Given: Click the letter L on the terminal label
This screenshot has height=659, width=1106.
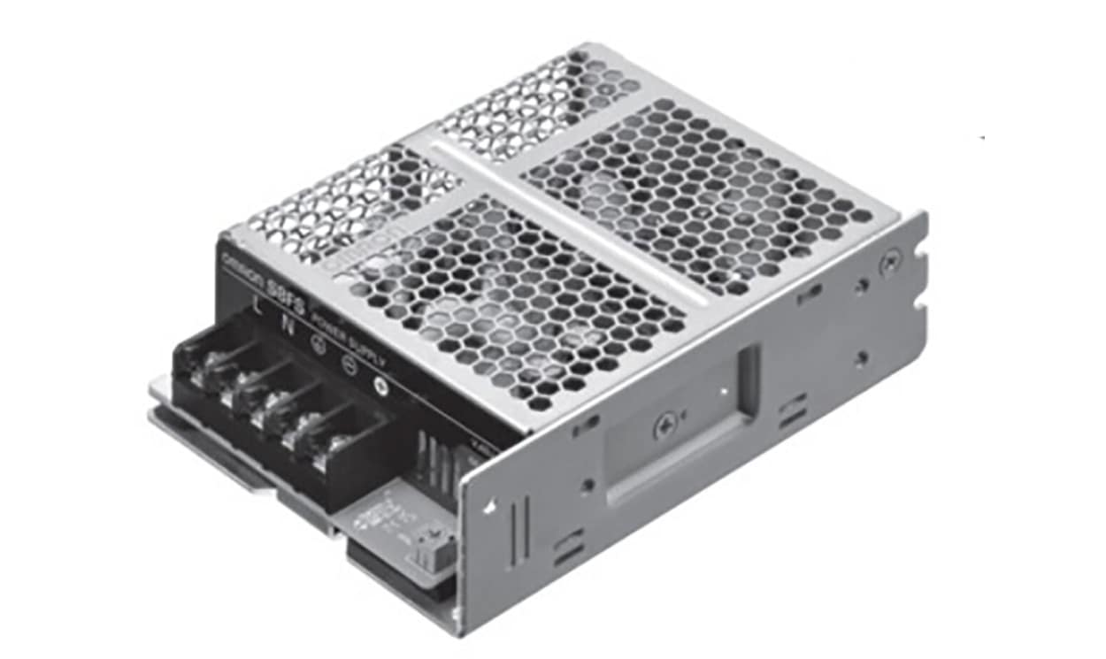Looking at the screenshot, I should [x=257, y=306].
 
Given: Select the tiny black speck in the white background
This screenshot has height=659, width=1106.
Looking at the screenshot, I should [x=982, y=137].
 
